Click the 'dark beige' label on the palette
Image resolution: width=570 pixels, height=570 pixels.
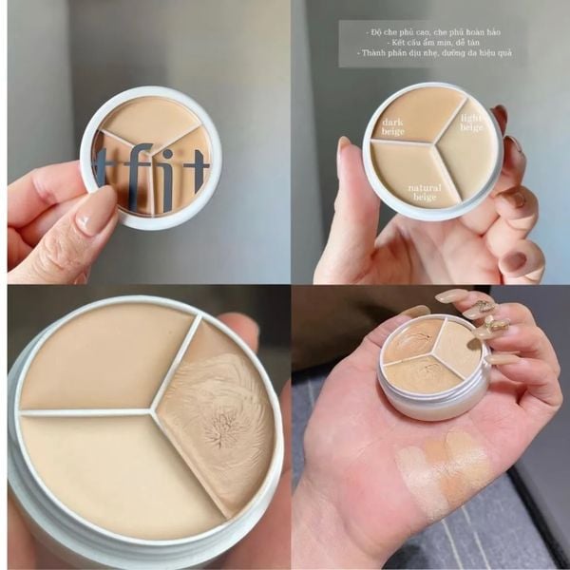(392, 127)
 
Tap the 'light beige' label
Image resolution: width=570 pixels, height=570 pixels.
(472, 123)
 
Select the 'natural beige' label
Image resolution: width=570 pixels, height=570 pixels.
(424, 193)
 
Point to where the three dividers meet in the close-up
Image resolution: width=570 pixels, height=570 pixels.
(152, 410)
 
